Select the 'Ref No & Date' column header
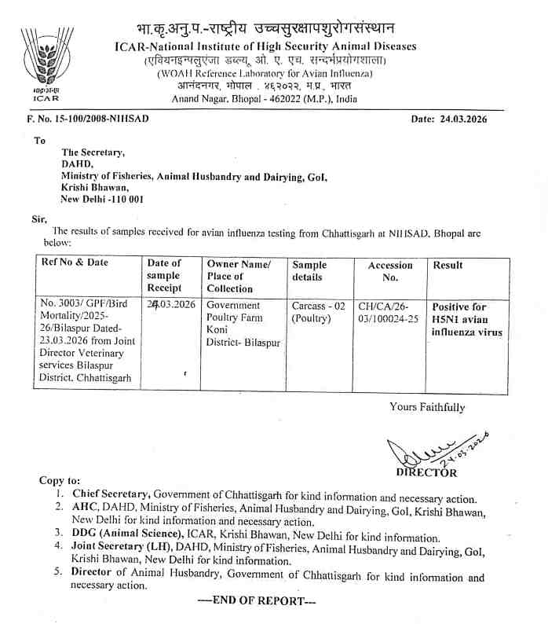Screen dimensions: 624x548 [75, 262]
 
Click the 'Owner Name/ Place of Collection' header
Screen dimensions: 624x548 [239, 276]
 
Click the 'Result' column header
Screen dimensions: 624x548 [448, 265]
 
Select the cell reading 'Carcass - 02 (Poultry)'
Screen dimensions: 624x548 [316, 311]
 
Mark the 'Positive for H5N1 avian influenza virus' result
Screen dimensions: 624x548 [467, 319]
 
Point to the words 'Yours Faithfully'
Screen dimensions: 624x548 [427, 407]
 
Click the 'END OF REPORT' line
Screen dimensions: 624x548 [257, 601]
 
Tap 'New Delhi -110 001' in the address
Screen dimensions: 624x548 [103, 200]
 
